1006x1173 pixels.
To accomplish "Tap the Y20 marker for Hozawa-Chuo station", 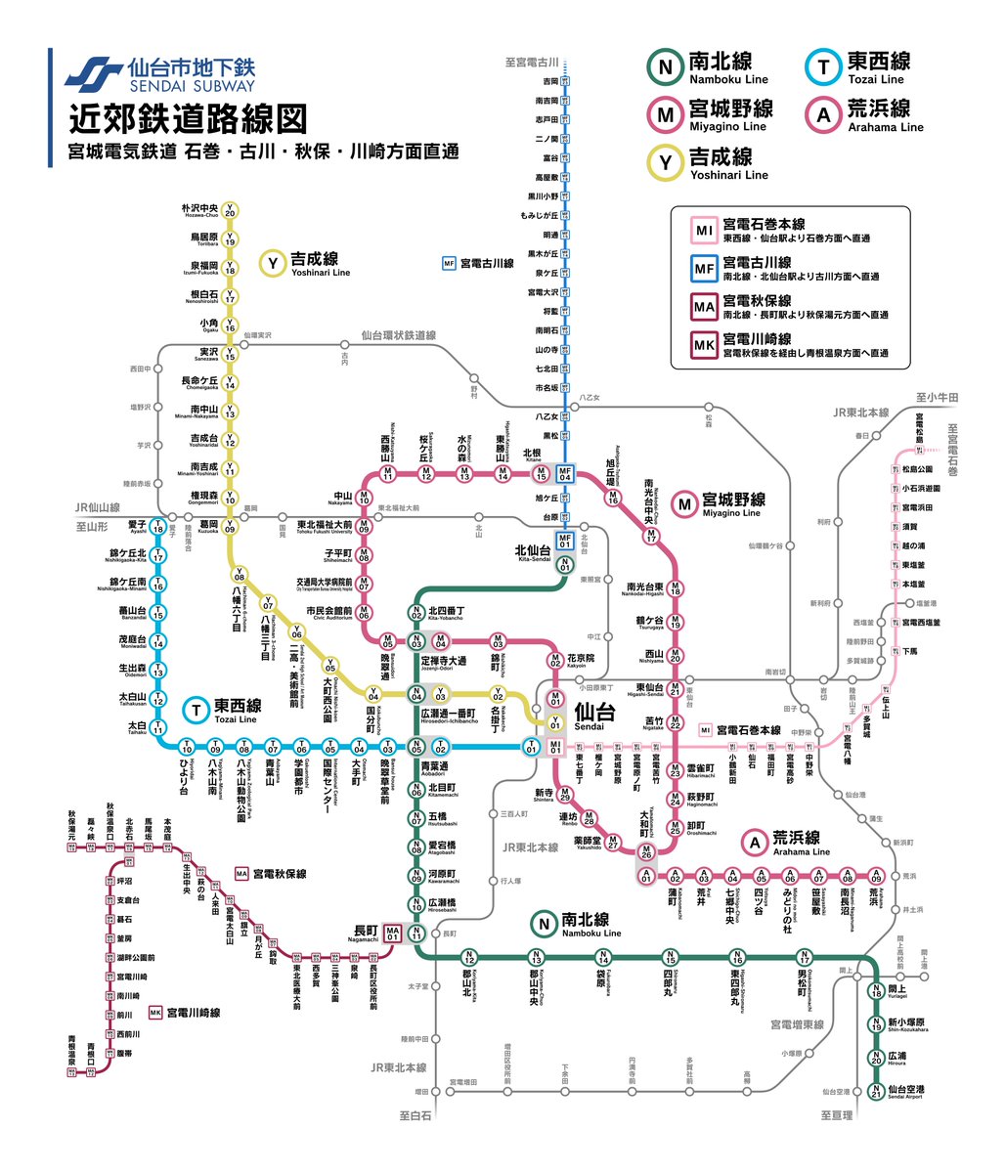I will click(x=230, y=211).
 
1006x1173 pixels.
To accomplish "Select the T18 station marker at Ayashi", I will click(x=157, y=528).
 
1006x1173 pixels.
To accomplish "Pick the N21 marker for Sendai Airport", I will click(x=876, y=1090).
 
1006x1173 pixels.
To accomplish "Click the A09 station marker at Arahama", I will click(x=877, y=876).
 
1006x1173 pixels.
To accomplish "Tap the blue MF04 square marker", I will click(x=564, y=473).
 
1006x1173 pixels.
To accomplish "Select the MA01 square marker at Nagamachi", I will click(x=393, y=933).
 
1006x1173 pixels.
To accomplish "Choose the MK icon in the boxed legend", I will click(x=704, y=345).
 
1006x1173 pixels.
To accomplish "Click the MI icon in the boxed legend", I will click(x=704, y=231).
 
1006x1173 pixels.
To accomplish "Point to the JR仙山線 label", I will click(x=98, y=508).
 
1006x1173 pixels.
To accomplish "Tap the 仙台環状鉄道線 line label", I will click(x=398, y=335).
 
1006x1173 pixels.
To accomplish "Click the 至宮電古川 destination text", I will click(x=532, y=63).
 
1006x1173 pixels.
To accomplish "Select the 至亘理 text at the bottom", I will click(x=837, y=1115).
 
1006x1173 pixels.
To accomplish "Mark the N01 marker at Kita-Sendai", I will click(x=564, y=565).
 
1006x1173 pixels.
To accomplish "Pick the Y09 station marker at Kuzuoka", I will click(x=230, y=528).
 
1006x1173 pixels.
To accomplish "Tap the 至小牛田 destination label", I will click(x=937, y=398).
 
